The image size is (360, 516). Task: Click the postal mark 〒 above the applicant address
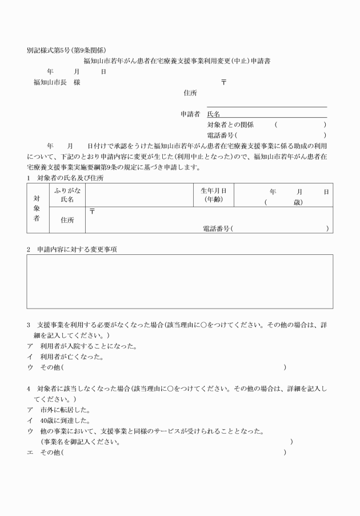223,83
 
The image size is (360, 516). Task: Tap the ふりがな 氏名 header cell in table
67,195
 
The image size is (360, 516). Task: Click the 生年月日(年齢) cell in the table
215,195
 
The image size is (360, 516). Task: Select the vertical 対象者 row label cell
38,208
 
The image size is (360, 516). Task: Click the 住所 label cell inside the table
67,220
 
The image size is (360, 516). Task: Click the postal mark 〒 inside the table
93,211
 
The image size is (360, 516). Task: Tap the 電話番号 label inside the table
217,228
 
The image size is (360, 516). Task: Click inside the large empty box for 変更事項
179,281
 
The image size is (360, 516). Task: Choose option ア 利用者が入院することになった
86,346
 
